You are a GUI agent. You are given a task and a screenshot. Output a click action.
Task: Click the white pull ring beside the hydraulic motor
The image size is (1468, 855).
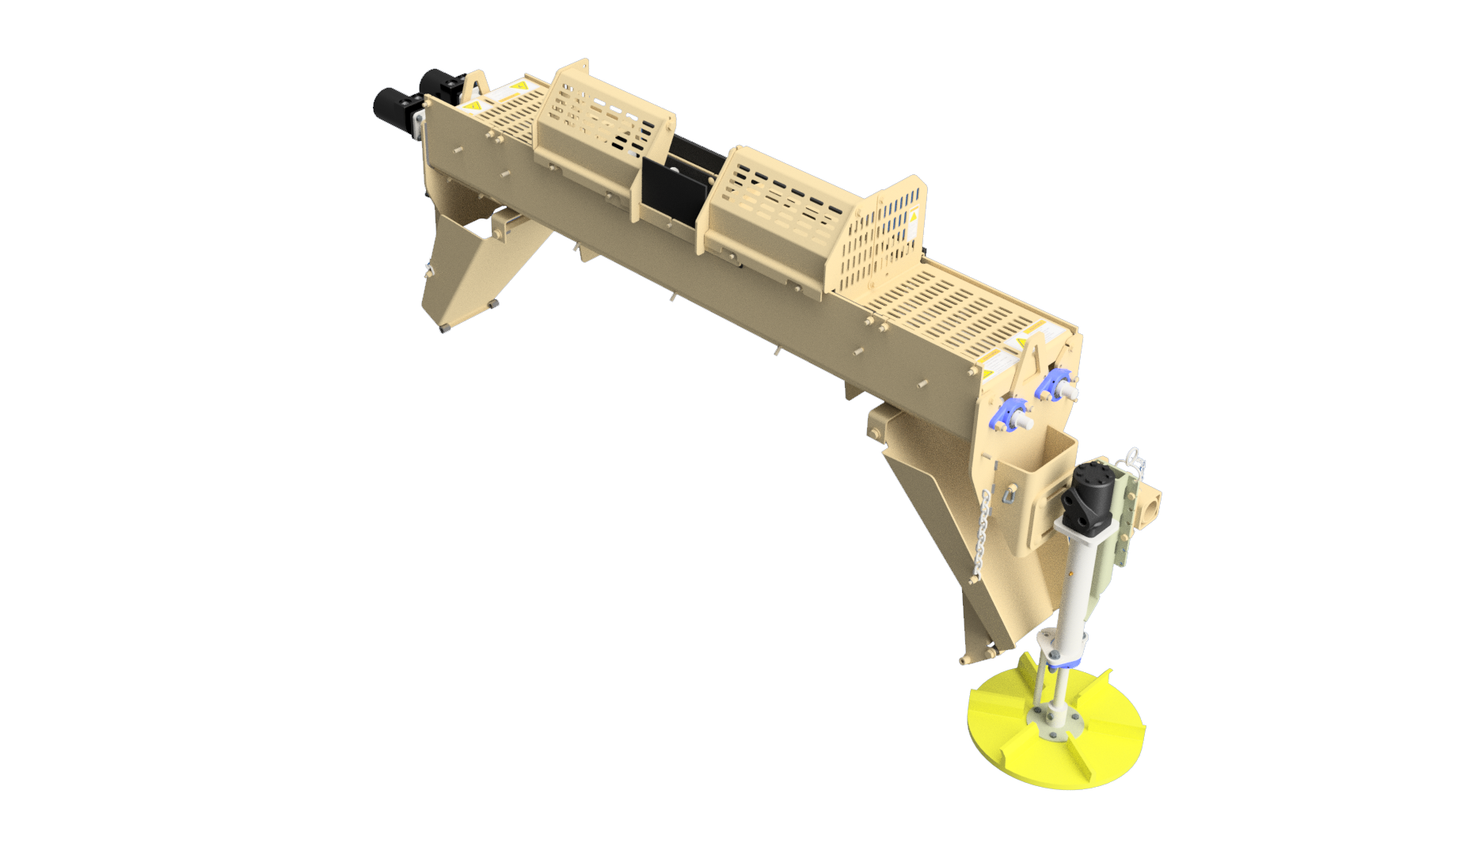pos(1133,456)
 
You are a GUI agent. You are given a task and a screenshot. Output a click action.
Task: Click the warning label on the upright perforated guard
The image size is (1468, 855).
pos(912,221)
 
